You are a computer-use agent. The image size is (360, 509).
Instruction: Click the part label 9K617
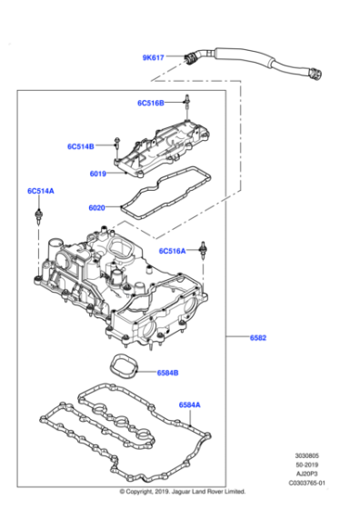click(x=153, y=57)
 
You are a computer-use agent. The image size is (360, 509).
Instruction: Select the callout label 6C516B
click(x=151, y=104)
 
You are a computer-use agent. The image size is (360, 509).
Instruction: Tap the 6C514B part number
click(x=80, y=146)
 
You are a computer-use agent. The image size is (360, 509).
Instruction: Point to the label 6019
click(x=98, y=174)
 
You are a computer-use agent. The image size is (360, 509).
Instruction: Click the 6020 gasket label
click(x=97, y=207)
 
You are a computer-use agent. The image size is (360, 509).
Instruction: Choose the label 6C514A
click(x=40, y=192)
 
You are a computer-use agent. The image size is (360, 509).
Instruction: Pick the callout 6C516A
click(x=172, y=250)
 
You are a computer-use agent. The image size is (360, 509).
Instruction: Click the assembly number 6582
click(x=259, y=338)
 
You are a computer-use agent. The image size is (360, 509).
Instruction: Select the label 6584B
click(x=167, y=372)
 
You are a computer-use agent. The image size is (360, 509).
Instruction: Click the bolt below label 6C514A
click(x=40, y=217)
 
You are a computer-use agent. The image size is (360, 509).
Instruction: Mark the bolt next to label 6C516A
click(x=206, y=251)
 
